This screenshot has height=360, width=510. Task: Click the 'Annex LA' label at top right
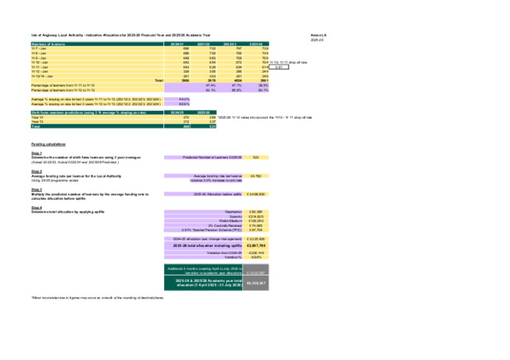coord(319,36)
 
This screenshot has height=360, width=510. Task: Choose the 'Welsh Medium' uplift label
coord(229,221)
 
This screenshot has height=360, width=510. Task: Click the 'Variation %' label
coord(233,257)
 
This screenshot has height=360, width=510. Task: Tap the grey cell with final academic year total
coord(257,284)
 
